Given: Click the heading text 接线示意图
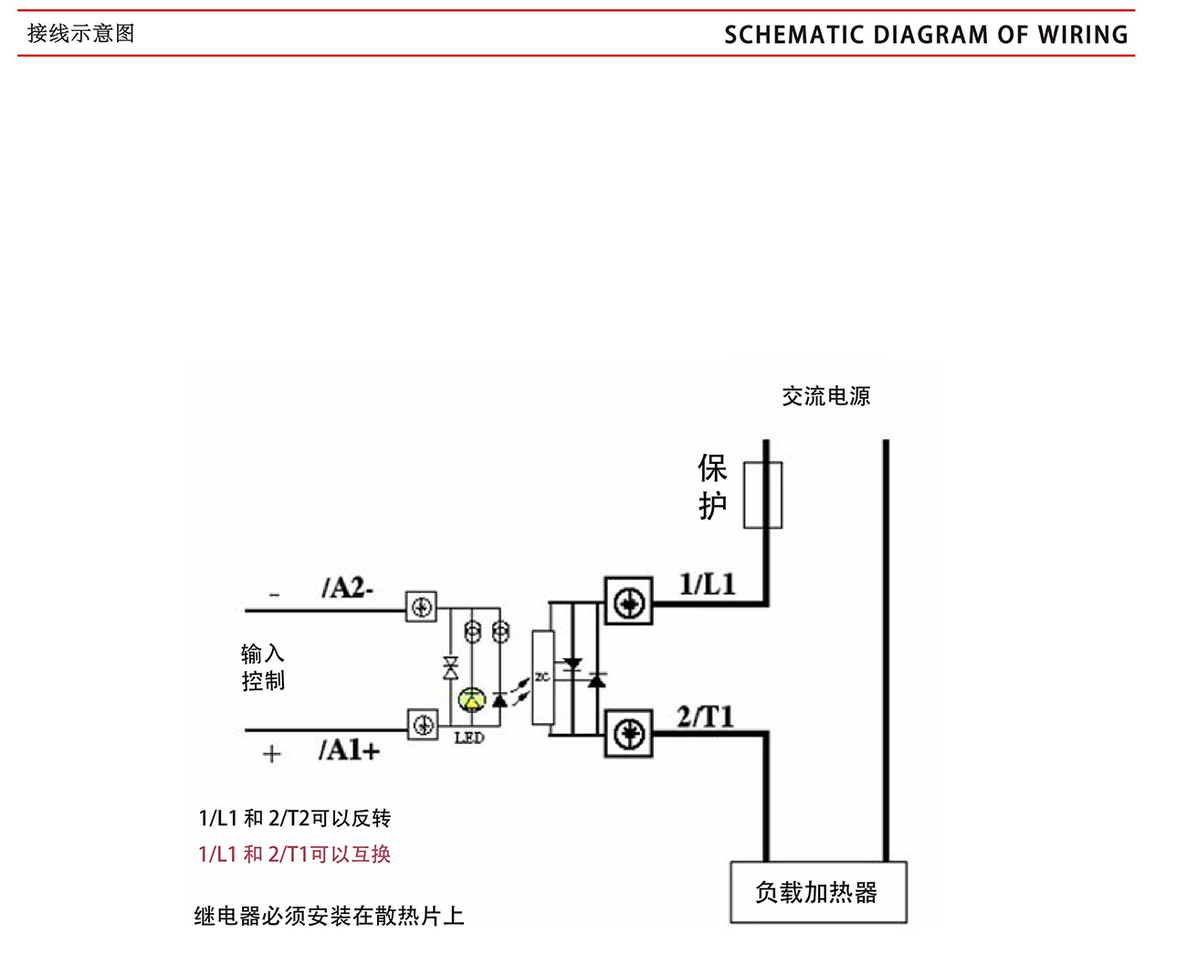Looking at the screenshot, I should point(80,34).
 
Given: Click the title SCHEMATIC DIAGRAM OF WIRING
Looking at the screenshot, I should point(925,35).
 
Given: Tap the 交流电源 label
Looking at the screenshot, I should point(825,396).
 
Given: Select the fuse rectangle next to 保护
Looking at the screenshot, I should point(762,495).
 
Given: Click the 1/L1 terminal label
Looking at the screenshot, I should point(707,584).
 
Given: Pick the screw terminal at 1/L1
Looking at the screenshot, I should point(629,602).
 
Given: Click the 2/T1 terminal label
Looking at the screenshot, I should point(705,717).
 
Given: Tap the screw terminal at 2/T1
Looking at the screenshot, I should point(629,734).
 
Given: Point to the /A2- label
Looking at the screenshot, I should point(347,588).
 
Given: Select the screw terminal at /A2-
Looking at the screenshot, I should point(422,607).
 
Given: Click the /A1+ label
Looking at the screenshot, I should point(349,750).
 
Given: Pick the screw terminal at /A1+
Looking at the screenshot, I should point(422,725).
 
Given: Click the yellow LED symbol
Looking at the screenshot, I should point(471,700).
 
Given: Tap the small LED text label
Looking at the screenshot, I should point(469,738).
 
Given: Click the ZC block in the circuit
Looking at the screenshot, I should point(542,677).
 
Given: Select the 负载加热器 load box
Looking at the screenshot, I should point(818,892).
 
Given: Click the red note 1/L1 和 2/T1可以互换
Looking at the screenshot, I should point(294,854).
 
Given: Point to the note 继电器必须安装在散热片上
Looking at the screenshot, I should point(329,916).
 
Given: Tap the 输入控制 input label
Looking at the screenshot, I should point(263,667).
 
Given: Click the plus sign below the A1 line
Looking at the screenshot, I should point(271,754).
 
